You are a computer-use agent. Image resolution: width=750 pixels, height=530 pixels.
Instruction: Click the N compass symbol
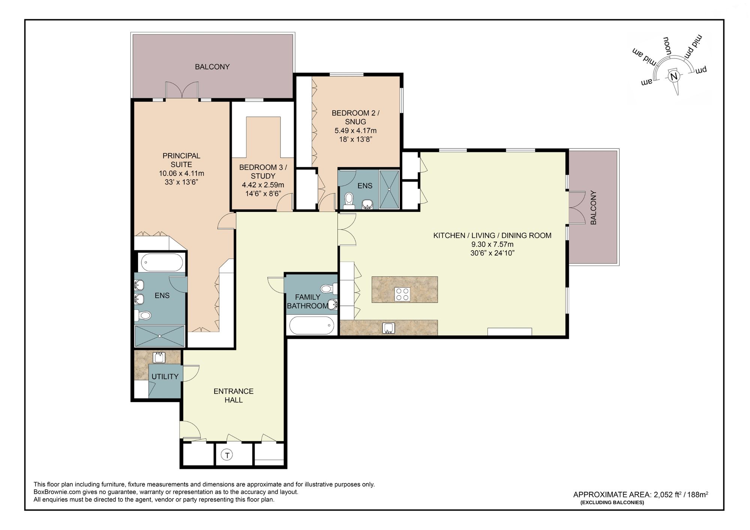pos(674,77)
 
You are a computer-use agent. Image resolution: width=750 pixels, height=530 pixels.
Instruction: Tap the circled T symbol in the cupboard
pos(227,455)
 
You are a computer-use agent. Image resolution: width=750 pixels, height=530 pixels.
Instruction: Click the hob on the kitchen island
pos(402,294)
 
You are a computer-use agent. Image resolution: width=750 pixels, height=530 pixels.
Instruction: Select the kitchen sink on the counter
pos(388,328)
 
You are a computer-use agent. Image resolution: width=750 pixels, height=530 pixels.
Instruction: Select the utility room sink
pos(159,357)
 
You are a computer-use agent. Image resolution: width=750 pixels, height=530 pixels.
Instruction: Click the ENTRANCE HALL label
pos(233,395)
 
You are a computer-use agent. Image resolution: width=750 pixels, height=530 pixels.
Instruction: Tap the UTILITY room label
pos(165,377)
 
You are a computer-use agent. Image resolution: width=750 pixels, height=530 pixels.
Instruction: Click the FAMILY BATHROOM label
pos(307,302)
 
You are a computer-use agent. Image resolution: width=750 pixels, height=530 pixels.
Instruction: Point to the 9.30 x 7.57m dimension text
pos(492,244)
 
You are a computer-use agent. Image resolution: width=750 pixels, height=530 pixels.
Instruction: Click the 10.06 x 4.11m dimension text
pos(181,173)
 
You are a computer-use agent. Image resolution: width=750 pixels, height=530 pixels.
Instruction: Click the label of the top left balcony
pos(212,67)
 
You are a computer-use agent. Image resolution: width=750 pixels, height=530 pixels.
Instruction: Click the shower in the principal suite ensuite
pos(160,336)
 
